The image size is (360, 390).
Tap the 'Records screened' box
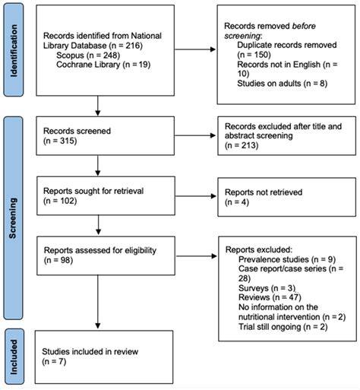tap(97, 137)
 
